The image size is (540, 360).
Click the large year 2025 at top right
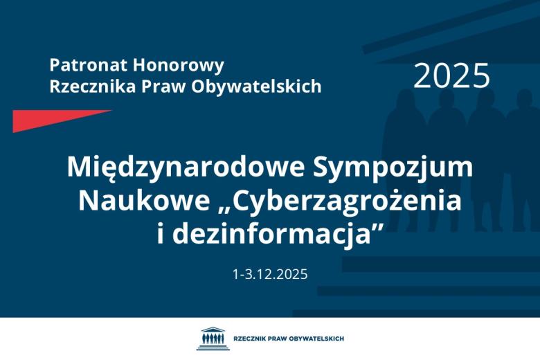451,76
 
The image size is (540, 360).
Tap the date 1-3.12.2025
270,273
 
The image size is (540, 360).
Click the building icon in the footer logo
210,339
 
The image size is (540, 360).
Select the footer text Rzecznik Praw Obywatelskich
289,339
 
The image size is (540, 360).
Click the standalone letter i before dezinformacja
161,233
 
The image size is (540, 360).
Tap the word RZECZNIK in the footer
250,339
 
